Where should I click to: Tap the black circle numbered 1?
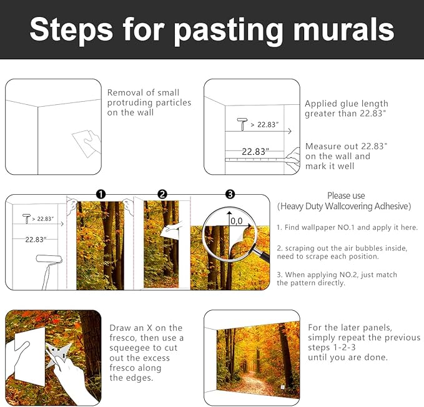tap(101, 194)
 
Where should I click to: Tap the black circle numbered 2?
tap(162, 194)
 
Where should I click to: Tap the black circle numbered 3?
tap(230, 194)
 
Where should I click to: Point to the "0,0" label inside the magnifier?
tap(237, 220)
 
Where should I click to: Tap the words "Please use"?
tap(345, 196)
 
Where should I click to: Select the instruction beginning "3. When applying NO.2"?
tap(337, 278)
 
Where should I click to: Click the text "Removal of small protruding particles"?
tap(149, 102)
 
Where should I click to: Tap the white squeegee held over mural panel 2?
tap(171, 230)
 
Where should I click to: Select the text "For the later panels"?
tap(350, 327)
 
